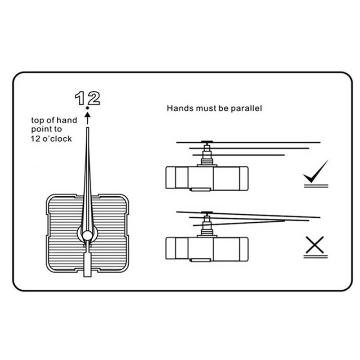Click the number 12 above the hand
[x=87, y=98]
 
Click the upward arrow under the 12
[x=88, y=118]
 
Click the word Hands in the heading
[x=178, y=108]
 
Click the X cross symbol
[x=315, y=244]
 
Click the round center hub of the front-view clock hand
[x=87, y=235]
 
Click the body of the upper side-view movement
[x=207, y=178]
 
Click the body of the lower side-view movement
[x=207, y=248]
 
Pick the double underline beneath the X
[x=315, y=256]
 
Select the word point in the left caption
[x=40, y=130]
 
